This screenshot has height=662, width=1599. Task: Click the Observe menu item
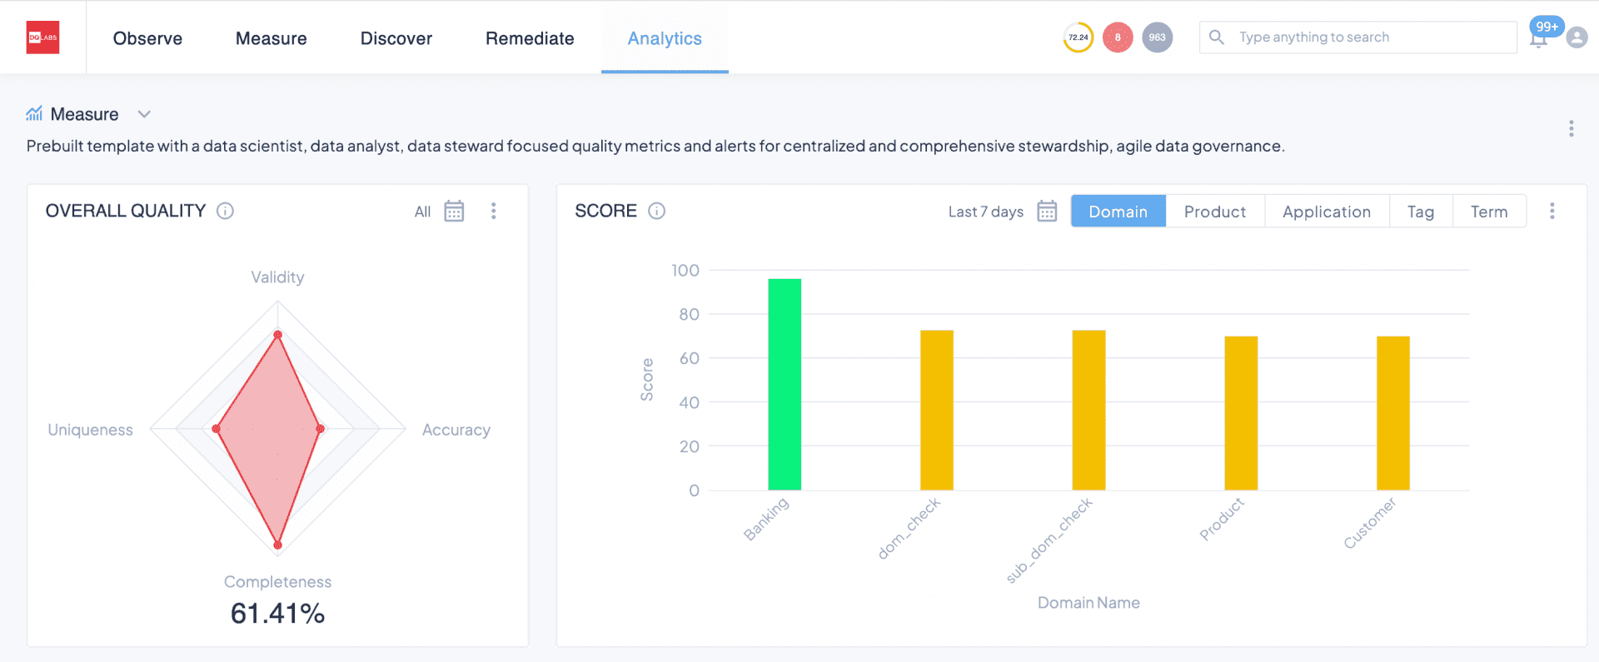point(147,38)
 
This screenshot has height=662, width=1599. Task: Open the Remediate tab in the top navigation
point(530,38)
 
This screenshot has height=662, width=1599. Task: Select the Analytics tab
point(665,38)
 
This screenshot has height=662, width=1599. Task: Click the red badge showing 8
point(1118,37)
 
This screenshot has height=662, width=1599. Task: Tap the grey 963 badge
point(1157,37)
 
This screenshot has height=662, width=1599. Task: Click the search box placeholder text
point(1313,37)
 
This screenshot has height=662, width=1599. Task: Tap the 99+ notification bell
point(1540,36)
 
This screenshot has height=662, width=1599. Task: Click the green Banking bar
point(785,385)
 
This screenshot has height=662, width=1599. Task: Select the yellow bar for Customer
point(1392,413)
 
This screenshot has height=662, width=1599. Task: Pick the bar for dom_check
point(936,410)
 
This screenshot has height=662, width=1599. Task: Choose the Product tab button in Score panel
point(1214,212)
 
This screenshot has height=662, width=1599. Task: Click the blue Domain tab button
point(1118,212)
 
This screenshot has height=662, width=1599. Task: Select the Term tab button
point(1488,212)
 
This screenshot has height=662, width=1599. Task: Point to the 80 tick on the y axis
point(689,315)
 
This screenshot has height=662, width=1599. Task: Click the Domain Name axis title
point(1088,603)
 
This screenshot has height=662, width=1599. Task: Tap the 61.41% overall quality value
point(277,614)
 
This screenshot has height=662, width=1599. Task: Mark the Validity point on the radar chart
point(278,335)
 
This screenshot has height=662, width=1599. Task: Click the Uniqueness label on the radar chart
point(90,430)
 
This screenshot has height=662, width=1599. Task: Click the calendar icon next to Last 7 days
point(1047,212)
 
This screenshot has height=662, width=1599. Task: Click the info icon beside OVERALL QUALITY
point(225,211)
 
